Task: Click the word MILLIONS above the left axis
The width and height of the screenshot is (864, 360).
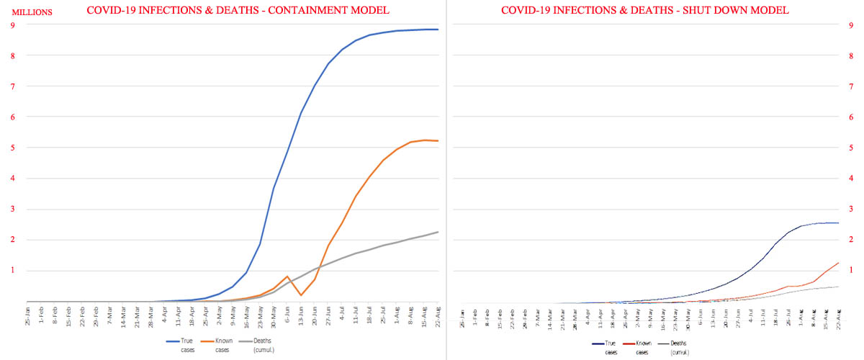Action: pos(30,11)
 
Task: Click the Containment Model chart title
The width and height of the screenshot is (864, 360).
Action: pos(238,10)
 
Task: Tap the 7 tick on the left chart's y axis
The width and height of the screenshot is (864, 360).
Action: pos(14,86)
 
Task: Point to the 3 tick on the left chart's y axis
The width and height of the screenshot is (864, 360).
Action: pos(14,210)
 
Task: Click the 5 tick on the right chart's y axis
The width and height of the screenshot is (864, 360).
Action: pos(851,148)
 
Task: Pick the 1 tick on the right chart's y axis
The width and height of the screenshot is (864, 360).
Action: pos(851,270)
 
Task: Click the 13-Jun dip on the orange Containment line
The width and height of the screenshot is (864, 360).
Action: pos(301,295)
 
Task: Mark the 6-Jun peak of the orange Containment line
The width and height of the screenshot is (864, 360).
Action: pos(287,276)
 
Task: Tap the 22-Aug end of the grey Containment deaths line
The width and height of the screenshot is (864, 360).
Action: pos(438,232)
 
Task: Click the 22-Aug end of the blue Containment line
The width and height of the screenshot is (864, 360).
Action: pos(438,30)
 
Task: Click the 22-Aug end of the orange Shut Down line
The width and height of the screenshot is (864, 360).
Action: pos(838,263)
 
